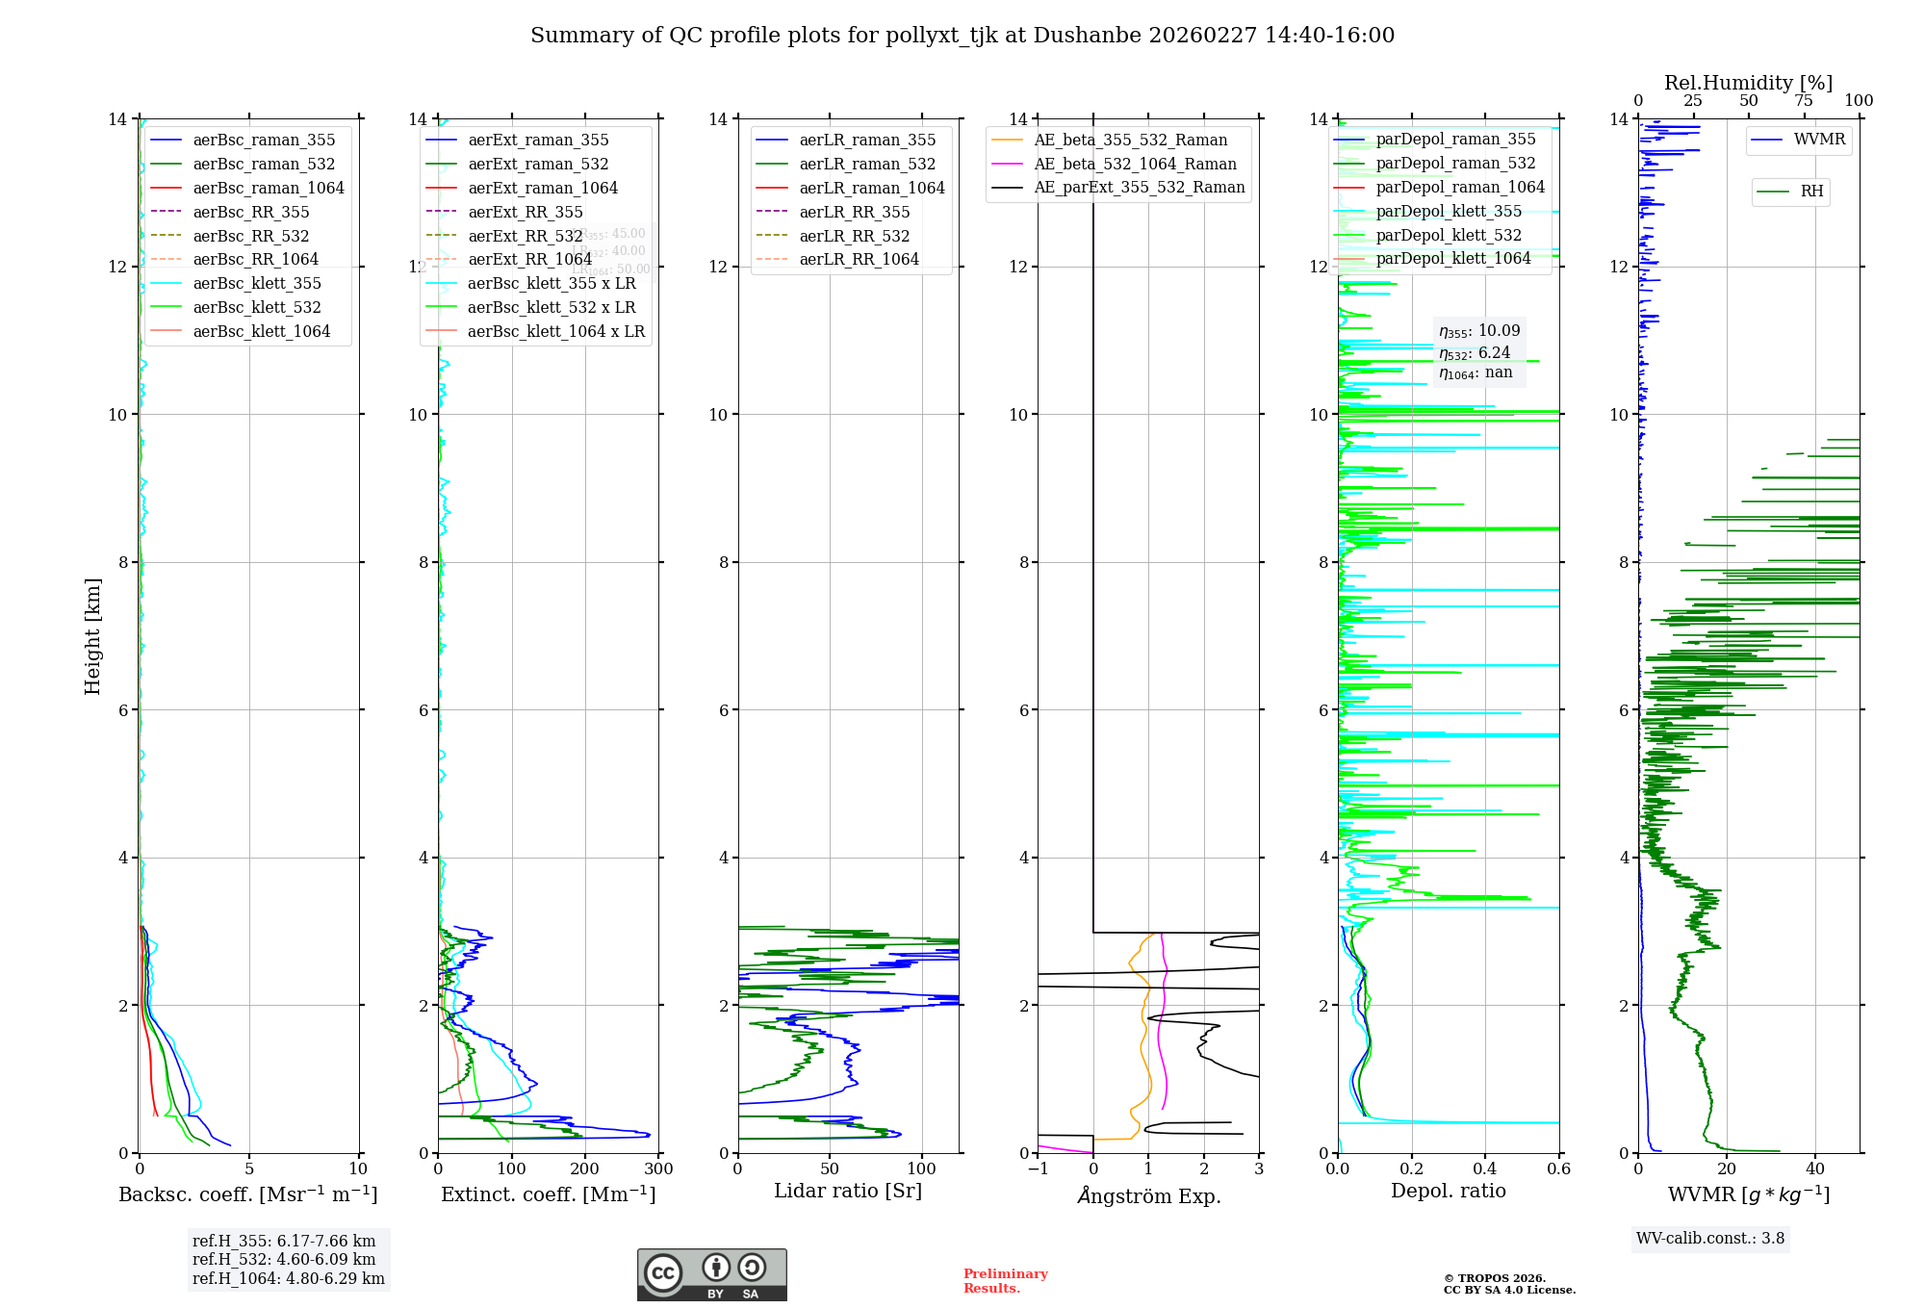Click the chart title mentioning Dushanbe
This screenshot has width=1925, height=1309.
[x=962, y=36]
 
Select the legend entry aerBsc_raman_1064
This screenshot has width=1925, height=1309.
[x=269, y=188]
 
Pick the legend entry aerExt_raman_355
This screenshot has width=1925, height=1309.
[x=538, y=141]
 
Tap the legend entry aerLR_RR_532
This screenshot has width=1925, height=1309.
[x=854, y=236]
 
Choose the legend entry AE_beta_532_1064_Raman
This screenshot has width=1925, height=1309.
[x=1135, y=165]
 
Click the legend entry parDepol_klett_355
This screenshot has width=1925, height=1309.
[x=1449, y=212]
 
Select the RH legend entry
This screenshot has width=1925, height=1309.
[x=1811, y=192]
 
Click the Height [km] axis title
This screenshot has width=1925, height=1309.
[x=92, y=635]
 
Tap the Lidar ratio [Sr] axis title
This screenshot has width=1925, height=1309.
[x=848, y=1191]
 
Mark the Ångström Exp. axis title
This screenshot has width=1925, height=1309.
[x=1149, y=1195]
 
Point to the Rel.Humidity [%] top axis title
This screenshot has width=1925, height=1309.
[x=1748, y=83]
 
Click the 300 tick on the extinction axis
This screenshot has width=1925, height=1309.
[x=658, y=1169]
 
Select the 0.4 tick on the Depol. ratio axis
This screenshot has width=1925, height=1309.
[x=1485, y=1169]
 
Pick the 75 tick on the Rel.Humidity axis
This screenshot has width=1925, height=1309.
[x=1804, y=101]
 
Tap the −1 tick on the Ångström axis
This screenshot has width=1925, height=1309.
[x=1038, y=1169]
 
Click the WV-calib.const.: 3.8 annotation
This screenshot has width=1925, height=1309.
[x=1710, y=1239]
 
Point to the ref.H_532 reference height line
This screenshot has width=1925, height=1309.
[x=284, y=1260]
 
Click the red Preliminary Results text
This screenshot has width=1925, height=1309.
[x=1005, y=1281]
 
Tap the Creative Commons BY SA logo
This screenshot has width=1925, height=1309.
[x=711, y=1275]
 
